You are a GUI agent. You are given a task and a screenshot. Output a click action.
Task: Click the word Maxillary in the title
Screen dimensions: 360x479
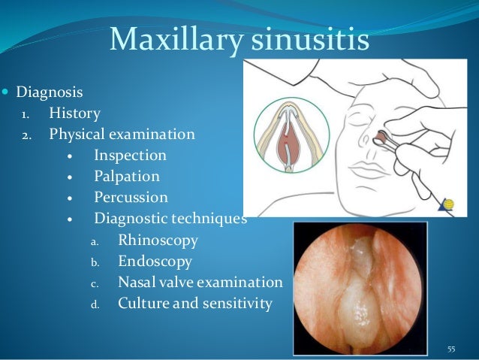[x=174, y=40]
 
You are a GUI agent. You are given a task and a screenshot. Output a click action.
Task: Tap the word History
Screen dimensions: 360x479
[x=74, y=114]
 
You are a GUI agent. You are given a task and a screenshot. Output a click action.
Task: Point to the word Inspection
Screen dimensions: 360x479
[x=130, y=156]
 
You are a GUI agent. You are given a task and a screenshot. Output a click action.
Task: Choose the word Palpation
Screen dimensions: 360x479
[x=127, y=177]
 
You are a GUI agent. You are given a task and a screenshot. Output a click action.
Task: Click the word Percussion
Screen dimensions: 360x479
[x=131, y=198]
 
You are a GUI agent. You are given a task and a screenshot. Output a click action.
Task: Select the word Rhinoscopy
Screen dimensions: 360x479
[x=158, y=241]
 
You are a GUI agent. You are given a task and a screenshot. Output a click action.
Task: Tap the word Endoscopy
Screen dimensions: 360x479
[x=155, y=262]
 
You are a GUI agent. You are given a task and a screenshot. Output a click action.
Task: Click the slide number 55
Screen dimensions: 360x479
[x=451, y=349]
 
